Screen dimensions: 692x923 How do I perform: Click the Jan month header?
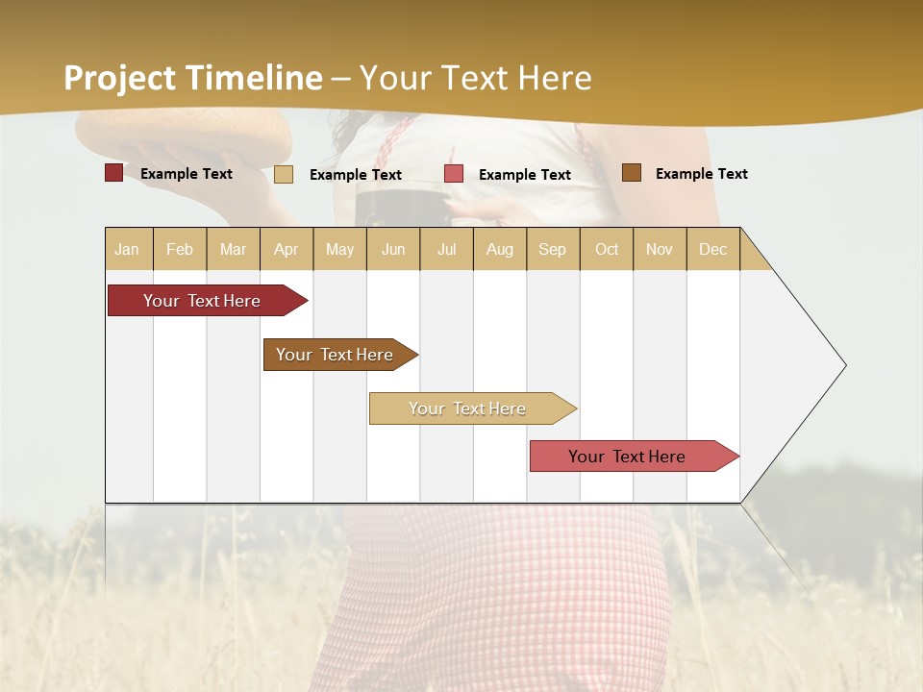tap(128, 249)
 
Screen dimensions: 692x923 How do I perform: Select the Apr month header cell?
tap(287, 249)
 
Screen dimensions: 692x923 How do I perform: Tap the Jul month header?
tap(446, 249)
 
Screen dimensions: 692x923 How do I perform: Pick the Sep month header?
tap(553, 249)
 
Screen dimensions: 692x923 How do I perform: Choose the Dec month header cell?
tap(712, 249)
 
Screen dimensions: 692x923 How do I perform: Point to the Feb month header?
tap(180, 249)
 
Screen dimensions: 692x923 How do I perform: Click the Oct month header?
tap(607, 249)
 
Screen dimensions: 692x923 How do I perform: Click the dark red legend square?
tap(113, 173)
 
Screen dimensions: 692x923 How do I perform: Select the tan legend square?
tap(284, 174)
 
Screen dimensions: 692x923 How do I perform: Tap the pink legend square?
tap(454, 174)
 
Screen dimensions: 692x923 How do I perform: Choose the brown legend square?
tap(632, 173)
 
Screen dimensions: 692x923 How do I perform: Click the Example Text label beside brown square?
tap(701, 174)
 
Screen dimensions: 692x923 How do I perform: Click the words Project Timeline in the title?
tap(192, 78)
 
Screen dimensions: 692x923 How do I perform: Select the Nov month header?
tap(660, 249)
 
